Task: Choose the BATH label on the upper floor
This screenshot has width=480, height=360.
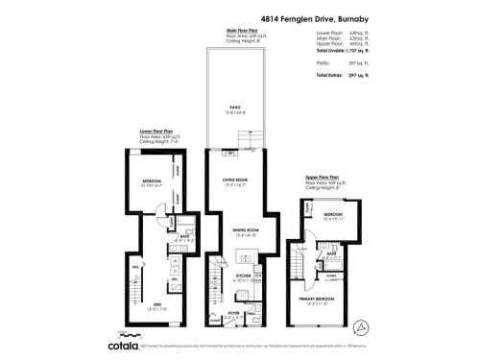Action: click(x=330, y=254)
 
